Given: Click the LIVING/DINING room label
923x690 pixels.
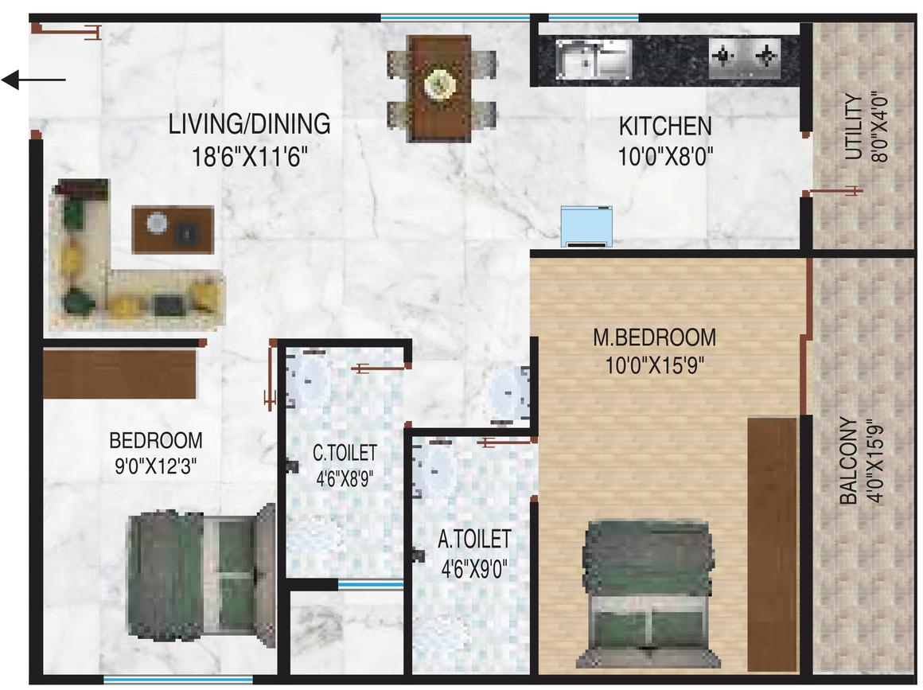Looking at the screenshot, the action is (249, 124).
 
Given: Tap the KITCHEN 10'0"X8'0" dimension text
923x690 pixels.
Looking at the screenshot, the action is (666, 158).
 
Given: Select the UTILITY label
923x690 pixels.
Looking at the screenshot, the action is (854, 128).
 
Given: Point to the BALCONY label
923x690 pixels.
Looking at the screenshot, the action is (848, 461).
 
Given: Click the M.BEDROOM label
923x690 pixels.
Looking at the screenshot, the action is (655, 338).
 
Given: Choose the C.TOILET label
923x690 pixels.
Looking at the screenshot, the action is (345, 453).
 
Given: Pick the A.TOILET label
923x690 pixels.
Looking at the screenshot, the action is (474, 539).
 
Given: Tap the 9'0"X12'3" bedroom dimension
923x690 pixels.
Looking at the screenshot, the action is (156, 467).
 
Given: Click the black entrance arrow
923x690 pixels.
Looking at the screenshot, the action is (33, 80).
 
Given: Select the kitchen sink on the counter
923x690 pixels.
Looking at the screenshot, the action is (594, 60).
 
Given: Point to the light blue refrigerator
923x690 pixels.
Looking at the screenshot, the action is (586, 226).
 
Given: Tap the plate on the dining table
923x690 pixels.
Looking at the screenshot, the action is (439, 84).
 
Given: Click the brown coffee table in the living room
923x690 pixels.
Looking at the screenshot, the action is (173, 230).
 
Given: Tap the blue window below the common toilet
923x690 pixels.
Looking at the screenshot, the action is (370, 585).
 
